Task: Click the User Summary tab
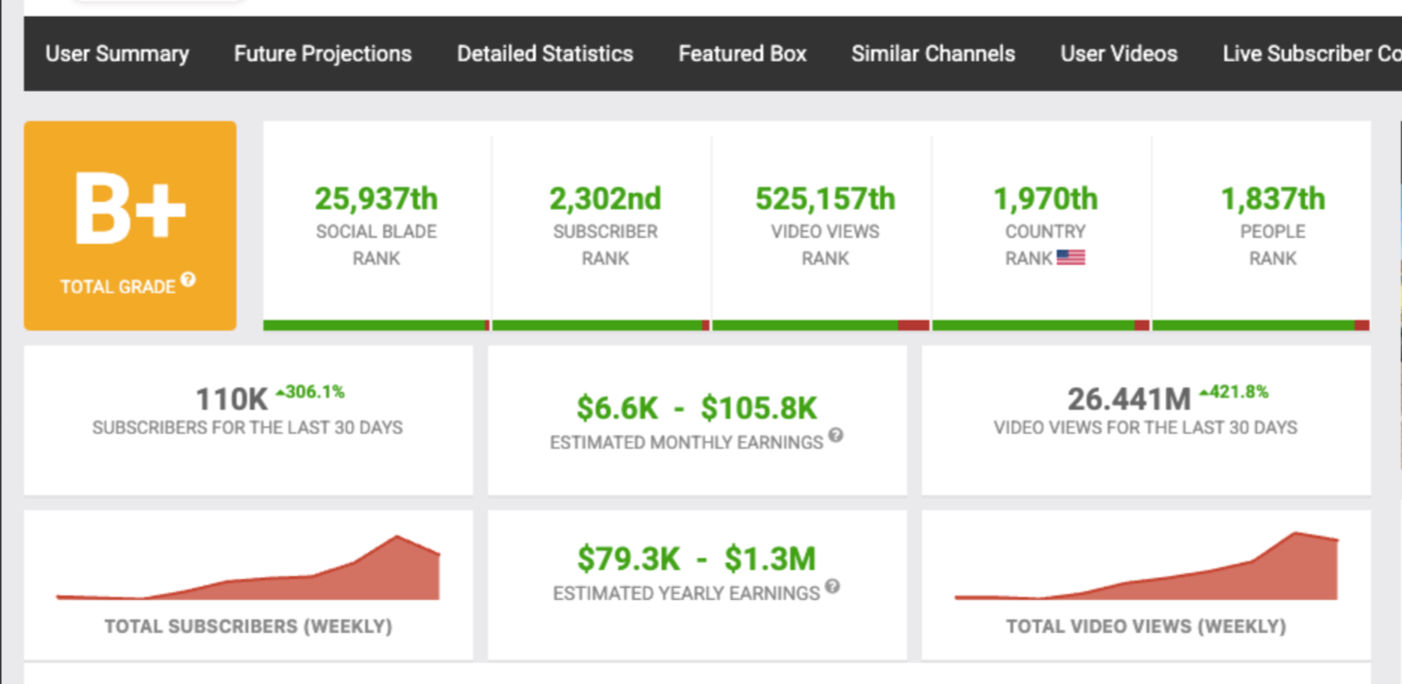pos(117,54)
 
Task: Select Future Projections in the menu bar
pos(322,54)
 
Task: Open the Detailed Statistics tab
pos(545,54)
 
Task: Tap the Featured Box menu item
pos(742,54)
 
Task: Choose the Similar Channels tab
pos(933,54)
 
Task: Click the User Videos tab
pos(1119,54)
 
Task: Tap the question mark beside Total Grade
pos(188,281)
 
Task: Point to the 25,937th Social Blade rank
pos(376,199)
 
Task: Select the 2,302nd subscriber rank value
pos(605,199)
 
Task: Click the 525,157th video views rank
pos(825,199)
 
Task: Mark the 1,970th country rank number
pos(1045,199)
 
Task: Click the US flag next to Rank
pos(1071,258)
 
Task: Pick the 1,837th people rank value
pos(1272,199)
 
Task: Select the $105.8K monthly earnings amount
pos(758,407)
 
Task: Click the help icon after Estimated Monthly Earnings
pos(836,435)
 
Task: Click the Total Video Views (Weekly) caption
pos(1146,627)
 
